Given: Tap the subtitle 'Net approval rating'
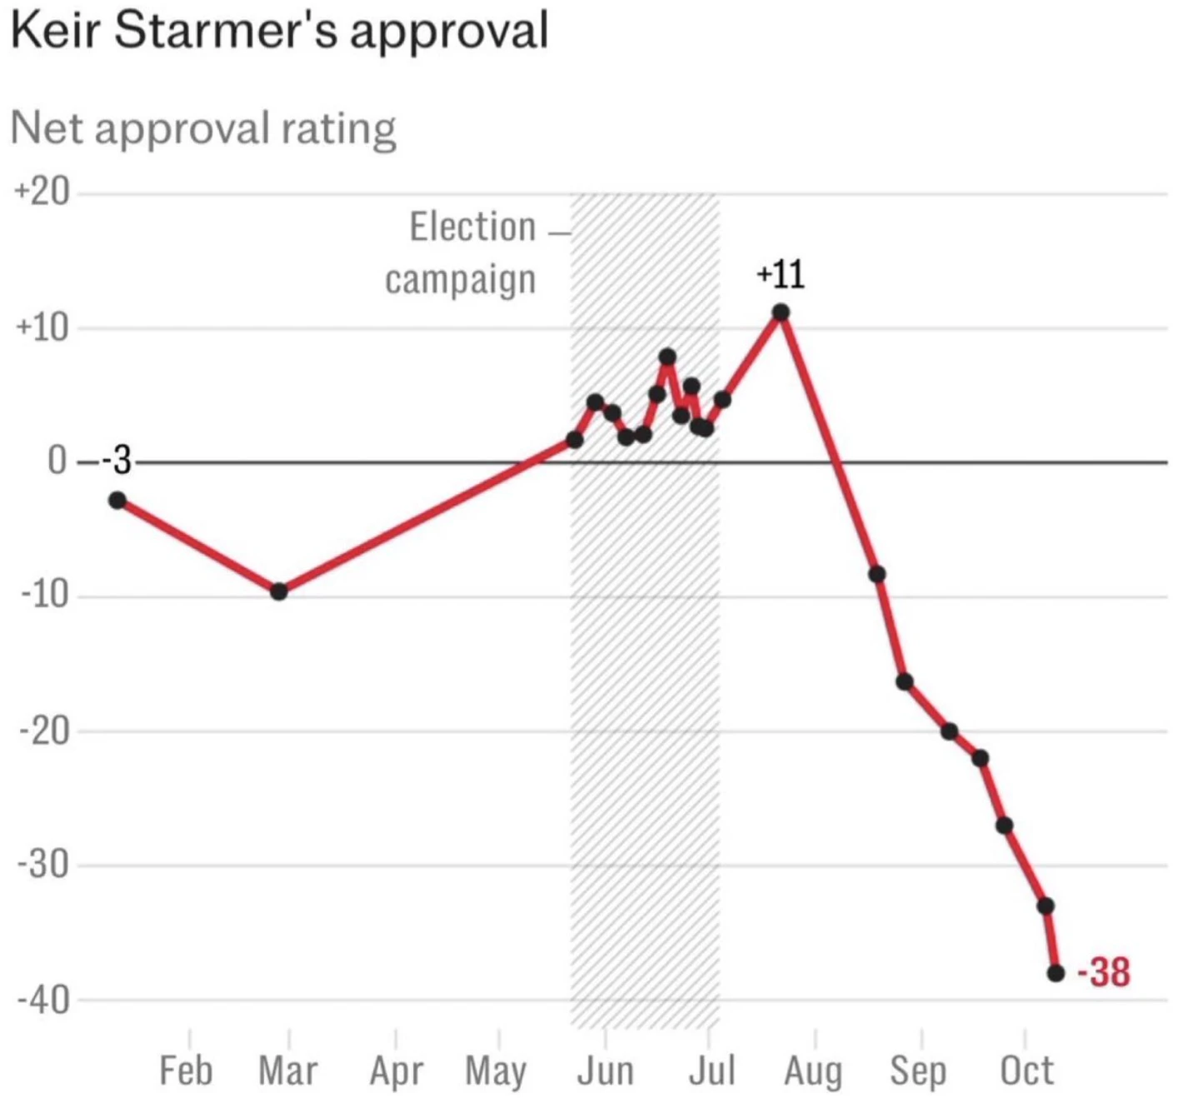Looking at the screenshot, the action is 203,128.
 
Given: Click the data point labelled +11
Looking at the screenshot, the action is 781,312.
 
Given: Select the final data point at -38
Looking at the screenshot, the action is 1056,974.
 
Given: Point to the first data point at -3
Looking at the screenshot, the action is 117,501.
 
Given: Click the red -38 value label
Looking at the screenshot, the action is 1104,973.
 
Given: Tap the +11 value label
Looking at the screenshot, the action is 781,275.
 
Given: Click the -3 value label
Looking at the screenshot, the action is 117,461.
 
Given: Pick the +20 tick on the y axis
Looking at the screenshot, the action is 42,192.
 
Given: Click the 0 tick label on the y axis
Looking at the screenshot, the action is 57,461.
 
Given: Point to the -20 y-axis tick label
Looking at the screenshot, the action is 45,731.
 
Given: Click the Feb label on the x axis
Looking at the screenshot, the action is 186,1070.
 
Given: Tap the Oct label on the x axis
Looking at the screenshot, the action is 1026,1070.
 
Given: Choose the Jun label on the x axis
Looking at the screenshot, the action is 605,1070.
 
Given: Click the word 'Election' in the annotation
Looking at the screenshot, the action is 473,227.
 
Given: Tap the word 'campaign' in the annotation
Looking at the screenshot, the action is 461,280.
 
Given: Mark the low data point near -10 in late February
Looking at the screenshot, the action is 279,591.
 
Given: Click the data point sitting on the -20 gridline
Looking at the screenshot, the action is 950,731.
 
